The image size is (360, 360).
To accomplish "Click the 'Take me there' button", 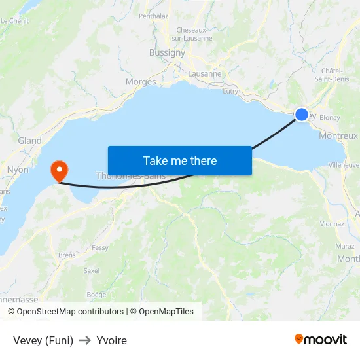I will tap(179, 160).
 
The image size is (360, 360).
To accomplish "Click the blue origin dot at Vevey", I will tap(301, 115).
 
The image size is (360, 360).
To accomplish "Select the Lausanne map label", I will tap(205, 74).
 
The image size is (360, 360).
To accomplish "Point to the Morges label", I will tap(141, 82).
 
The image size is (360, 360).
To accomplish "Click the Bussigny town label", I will tap(167, 52).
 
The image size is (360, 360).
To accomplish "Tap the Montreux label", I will tap(338, 136).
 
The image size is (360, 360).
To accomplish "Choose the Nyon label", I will tap(18, 170).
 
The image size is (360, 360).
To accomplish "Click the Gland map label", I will tap(30, 141).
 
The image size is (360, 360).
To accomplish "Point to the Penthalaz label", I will tap(154, 15).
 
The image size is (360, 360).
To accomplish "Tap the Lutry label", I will tap(230, 92).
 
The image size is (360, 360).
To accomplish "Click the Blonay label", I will tap(330, 118).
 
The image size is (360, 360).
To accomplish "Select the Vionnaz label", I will tap(333, 224).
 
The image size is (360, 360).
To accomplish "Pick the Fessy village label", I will tap(100, 248).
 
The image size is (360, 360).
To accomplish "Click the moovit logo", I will tap(321, 340).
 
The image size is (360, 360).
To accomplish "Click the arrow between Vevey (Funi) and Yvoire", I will tap(85, 340).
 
